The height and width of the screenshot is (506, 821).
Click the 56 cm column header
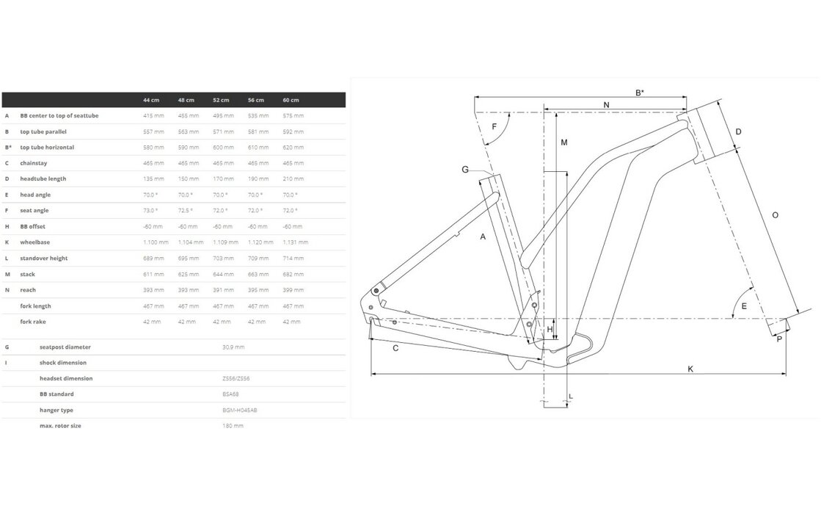256,100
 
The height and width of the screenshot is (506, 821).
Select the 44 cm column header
151,100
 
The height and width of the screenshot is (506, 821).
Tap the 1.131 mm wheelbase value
295,242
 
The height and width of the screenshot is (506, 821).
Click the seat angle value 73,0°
150,210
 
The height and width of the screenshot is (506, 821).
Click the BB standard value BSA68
230,394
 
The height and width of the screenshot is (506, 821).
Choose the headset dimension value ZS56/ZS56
233,378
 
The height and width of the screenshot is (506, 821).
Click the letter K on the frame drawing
690,369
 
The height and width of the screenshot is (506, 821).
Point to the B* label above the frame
639,93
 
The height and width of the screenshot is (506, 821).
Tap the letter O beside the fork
775,215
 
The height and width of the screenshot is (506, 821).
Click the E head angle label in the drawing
744,306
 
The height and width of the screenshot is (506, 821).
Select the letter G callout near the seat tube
465,170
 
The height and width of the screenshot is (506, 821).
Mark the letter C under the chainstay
395,348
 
